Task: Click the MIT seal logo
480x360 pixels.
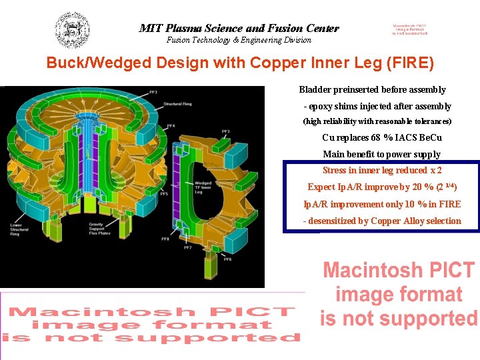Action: (x=72, y=30)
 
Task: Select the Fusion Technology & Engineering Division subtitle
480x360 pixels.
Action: (x=239, y=40)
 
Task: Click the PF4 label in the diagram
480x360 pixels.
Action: (x=171, y=126)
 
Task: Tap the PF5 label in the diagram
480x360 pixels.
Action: (x=164, y=193)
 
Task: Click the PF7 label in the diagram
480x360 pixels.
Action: (x=188, y=247)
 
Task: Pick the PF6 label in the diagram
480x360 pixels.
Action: (x=227, y=259)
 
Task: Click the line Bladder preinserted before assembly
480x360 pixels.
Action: (x=372, y=89)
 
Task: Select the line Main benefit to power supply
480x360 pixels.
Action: (x=381, y=154)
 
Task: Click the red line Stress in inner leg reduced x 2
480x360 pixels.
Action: (x=381, y=171)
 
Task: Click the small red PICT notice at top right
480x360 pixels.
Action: (x=409, y=29)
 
